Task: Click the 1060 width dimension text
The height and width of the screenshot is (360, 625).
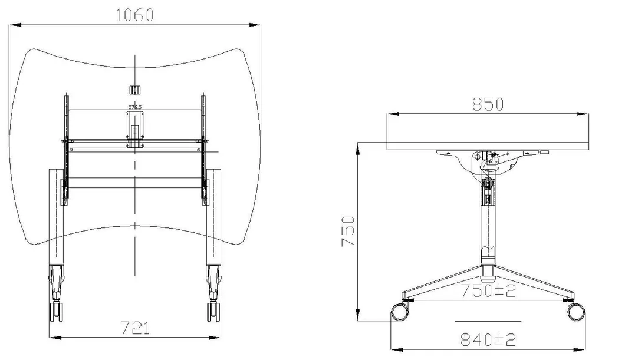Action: pos(134,15)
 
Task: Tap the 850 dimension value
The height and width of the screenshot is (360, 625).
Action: pos(488,104)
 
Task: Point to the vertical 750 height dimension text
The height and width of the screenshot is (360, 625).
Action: pos(349,232)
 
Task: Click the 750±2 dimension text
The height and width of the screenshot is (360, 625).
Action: pos(488,291)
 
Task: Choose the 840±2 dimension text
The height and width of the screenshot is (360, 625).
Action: pos(488,339)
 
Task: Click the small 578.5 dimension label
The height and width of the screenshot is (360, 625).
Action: pos(135,107)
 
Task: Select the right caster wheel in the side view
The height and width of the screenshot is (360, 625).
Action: pos(575,312)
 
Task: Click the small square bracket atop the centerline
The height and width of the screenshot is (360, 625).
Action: pos(135,90)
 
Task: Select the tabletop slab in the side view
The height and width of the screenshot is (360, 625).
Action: pos(489,133)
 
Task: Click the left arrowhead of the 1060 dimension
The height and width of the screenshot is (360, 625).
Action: pos(17,25)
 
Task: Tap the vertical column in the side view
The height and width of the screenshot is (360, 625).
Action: pos(488,224)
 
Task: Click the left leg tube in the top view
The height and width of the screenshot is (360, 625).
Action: pos(55,218)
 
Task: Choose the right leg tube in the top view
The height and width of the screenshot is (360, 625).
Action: pos(213,218)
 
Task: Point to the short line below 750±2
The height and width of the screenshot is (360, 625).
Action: pos(488,321)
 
